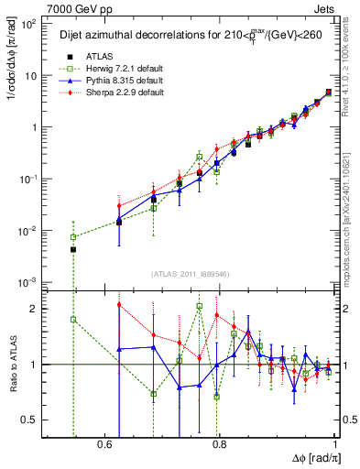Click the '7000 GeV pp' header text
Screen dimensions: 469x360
click(40, 6)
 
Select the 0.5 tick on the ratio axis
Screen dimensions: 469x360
click(33, 420)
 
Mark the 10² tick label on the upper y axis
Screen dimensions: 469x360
click(30, 24)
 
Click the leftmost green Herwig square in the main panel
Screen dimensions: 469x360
click(73, 237)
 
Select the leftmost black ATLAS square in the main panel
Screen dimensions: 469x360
click(73, 249)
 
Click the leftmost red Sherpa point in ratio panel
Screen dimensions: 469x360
click(119, 304)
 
